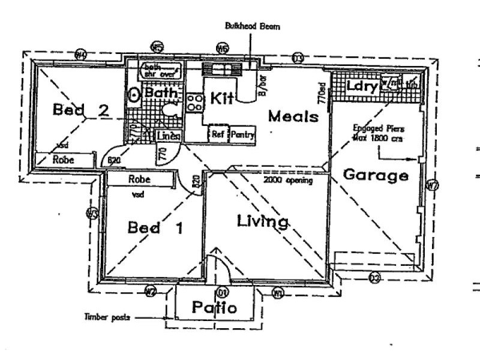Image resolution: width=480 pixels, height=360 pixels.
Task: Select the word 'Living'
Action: click(262, 221)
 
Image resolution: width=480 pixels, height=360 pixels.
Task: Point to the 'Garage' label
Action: click(376, 175)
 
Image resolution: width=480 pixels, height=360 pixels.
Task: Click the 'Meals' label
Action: click(293, 116)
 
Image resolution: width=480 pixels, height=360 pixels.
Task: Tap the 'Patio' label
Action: click(214, 308)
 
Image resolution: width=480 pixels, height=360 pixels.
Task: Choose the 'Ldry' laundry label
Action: click(362, 86)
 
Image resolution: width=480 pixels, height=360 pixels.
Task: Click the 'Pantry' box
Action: click(242, 134)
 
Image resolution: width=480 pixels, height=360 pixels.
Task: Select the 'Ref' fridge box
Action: click(217, 134)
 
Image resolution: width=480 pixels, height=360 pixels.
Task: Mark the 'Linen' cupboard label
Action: click(169, 137)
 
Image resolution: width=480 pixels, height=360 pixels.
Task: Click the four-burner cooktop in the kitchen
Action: click(194, 101)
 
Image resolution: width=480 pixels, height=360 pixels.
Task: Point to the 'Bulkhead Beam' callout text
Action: click(253, 26)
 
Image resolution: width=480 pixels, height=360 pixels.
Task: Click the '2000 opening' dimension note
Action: click(287, 180)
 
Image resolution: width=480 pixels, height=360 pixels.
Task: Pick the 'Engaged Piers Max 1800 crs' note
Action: click(379, 133)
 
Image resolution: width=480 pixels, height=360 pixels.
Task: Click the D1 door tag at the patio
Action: click(222, 293)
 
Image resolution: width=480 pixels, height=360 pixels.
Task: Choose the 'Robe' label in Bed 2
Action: click(63, 160)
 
